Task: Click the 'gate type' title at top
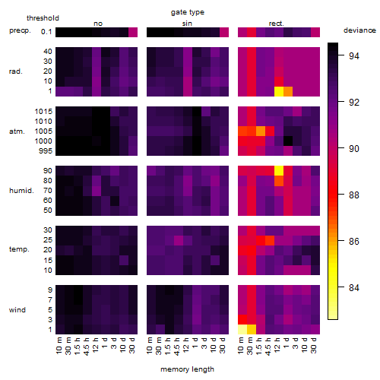[188, 12]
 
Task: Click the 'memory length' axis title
[187, 369]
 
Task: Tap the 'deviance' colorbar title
[359, 30]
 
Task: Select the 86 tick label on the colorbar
[354, 241]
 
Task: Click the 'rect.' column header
[277, 24]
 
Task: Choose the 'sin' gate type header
[187, 24]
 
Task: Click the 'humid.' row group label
[21, 191]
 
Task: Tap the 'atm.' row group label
[17, 131]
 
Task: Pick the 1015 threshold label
[43, 112]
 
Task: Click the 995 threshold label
[46, 151]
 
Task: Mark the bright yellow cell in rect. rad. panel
[279, 91]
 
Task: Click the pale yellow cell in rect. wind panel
[242, 330]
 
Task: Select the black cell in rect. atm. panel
[288, 141]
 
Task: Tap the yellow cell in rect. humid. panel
[279, 171]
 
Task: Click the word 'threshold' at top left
[43, 18]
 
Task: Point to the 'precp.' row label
[20, 30]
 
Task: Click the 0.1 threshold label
[46, 32]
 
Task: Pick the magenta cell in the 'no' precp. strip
[133, 33]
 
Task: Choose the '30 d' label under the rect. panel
[314, 346]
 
